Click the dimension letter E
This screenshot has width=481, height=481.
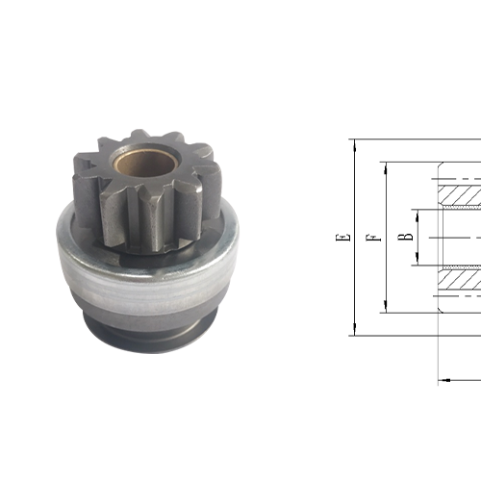pyautogui.click(x=343, y=237)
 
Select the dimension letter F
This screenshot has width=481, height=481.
pyautogui.click(x=371, y=237)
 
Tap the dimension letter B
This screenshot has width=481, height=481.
pyautogui.click(x=408, y=237)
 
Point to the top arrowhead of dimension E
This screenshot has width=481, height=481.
pyautogui.click(x=355, y=144)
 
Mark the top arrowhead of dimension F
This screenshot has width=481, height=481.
pyautogui.click(x=383, y=165)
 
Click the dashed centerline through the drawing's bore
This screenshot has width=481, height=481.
pyautogui.click(x=457, y=237)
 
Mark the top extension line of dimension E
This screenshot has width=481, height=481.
pyautogui.click(x=404, y=139)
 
